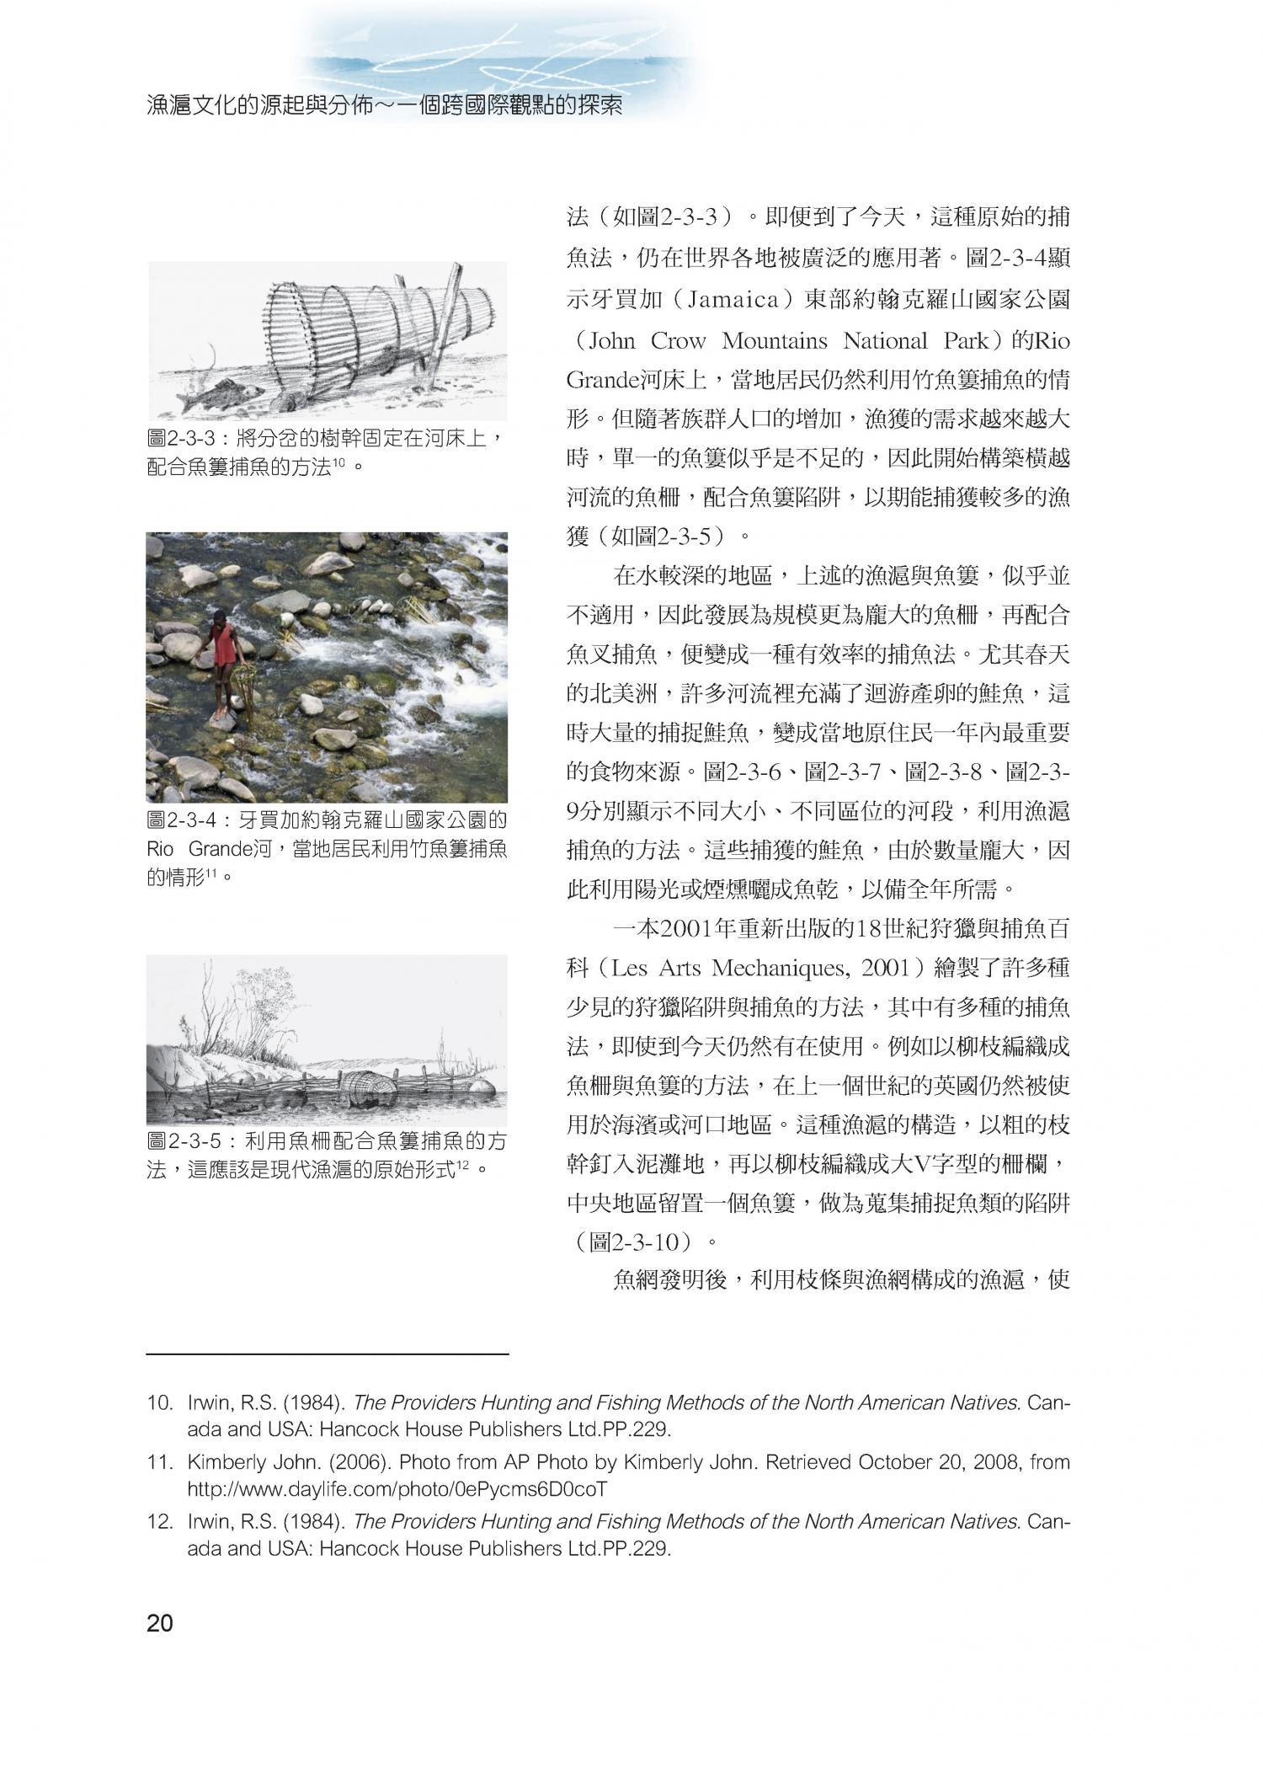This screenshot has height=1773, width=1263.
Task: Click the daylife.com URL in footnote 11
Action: click(x=397, y=1489)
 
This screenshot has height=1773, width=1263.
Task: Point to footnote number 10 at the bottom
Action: click(x=158, y=1403)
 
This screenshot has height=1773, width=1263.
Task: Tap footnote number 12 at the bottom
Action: click(x=158, y=1522)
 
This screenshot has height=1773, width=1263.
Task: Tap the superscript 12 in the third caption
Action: click(x=462, y=1166)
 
